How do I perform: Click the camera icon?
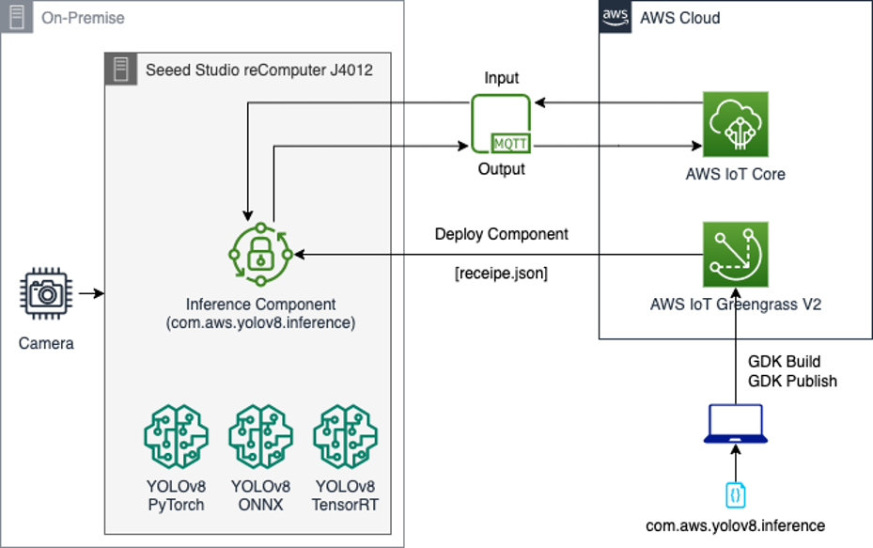[46, 294]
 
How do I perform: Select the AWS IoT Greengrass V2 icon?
[736, 254]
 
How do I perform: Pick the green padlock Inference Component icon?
[260, 255]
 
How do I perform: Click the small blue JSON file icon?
[736, 493]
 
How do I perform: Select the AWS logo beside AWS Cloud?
[615, 16]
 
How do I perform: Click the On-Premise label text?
[83, 18]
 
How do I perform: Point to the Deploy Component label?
[501, 234]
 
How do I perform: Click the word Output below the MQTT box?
[501, 170]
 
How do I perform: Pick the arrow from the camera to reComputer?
[91, 294]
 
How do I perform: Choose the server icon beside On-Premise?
[14, 17]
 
